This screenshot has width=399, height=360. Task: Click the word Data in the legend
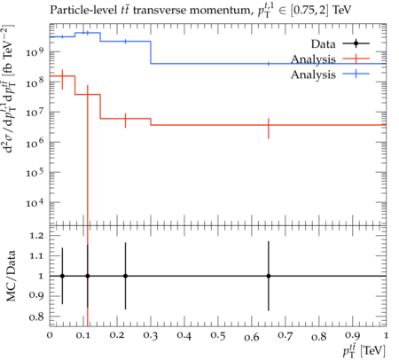(x=323, y=44)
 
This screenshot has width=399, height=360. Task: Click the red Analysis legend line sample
(x=356, y=59)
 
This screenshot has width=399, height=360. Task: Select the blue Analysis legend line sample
(x=356, y=74)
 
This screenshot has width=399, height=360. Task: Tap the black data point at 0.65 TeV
(x=269, y=276)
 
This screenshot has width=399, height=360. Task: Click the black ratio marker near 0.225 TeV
(x=125, y=276)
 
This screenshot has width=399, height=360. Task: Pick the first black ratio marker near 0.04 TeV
(x=62, y=276)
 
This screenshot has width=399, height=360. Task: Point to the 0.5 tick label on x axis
(x=218, y=336)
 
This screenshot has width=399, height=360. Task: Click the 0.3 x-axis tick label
(x=151, y=336)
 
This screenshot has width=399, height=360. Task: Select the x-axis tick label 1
(x=386, y=335)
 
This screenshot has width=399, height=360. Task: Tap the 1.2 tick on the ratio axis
(x=36, y=236)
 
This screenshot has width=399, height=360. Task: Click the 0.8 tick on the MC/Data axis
(x=36, y=317)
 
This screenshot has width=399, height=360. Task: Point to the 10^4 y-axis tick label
(x=35, y=202)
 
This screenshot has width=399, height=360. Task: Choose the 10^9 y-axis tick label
(x=35, y=52)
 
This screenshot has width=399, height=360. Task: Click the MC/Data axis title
(x=12, y=276)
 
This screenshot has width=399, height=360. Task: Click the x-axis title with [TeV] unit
(x=364, y=350)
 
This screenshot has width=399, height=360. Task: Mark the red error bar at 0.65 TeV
(x=269, y=129)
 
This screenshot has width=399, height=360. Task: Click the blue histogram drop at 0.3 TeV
(x=151, y=52)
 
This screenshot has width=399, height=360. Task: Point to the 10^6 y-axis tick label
(x=35, y=142)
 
